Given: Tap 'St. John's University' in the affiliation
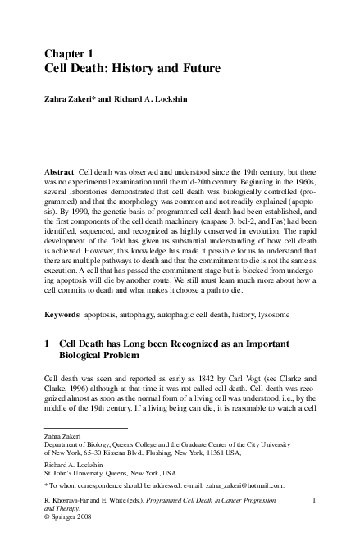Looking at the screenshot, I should pos(76,473).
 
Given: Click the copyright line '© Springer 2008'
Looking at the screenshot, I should pos(69,518).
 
